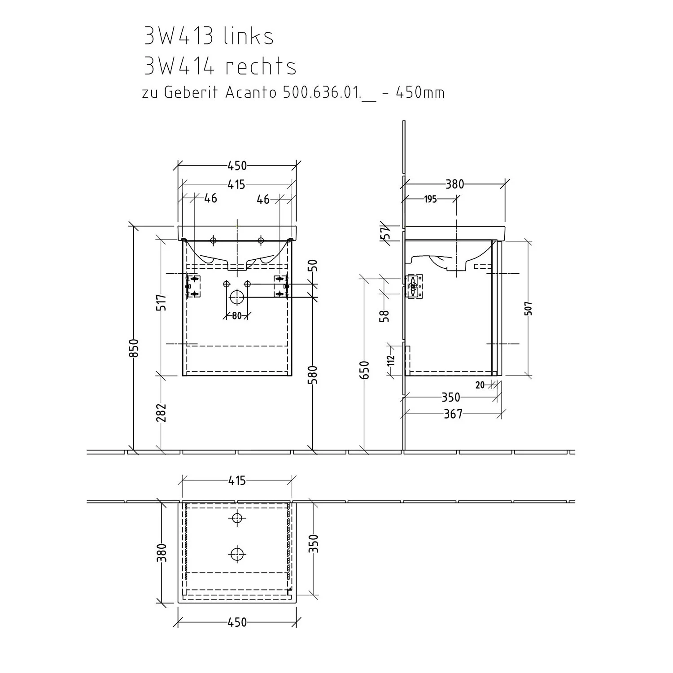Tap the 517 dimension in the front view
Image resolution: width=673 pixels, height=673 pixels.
click(x=162, y=302)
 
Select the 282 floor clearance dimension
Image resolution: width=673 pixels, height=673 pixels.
click(x=162, y=413)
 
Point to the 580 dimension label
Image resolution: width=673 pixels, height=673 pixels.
click(x=313, y=375)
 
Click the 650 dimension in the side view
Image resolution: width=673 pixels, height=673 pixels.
click(x=366, y=370)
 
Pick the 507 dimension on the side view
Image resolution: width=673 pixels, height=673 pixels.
click(x=529, y=308)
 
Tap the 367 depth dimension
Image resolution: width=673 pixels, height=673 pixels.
click(x=453, y=414)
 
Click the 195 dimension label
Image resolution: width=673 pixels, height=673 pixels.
click(x=430, y=199)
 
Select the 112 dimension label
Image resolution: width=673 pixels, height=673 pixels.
click(x=390, y=360)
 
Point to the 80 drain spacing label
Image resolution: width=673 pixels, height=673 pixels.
click(x=237, y=316)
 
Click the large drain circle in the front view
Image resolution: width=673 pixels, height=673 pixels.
click(x=236, y=297)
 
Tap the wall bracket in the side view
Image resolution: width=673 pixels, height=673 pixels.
click(x=414, y=286)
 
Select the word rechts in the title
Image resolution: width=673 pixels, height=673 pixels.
click(x=261, y=66)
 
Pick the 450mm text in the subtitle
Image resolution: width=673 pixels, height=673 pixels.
click(x=420, y=93)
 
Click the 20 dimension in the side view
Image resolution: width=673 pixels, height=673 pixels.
click(x=480, y=385)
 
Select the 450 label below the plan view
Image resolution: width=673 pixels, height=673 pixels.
click(x=237, y=622)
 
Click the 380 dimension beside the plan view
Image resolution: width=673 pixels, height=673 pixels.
click(x=162, y=552)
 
